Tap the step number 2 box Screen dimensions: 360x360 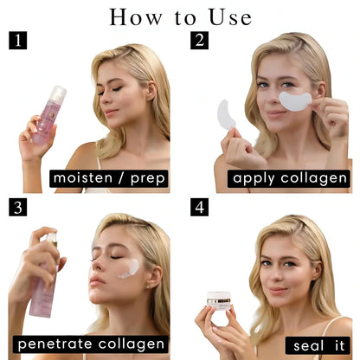click(199, 40)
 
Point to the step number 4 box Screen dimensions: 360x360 click(199, 207)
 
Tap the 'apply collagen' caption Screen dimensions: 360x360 click(290, 178)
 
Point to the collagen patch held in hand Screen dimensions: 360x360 click(227, 114)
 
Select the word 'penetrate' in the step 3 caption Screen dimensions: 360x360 click(55, 345)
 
